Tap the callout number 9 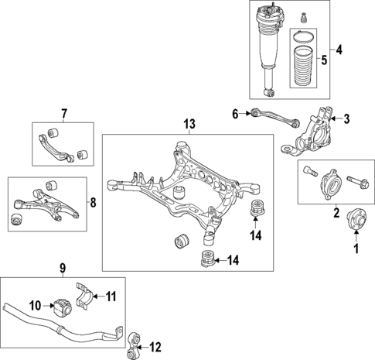point(63,269)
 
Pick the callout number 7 point(63,115)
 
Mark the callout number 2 point(336,211)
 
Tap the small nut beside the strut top point(305,15)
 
